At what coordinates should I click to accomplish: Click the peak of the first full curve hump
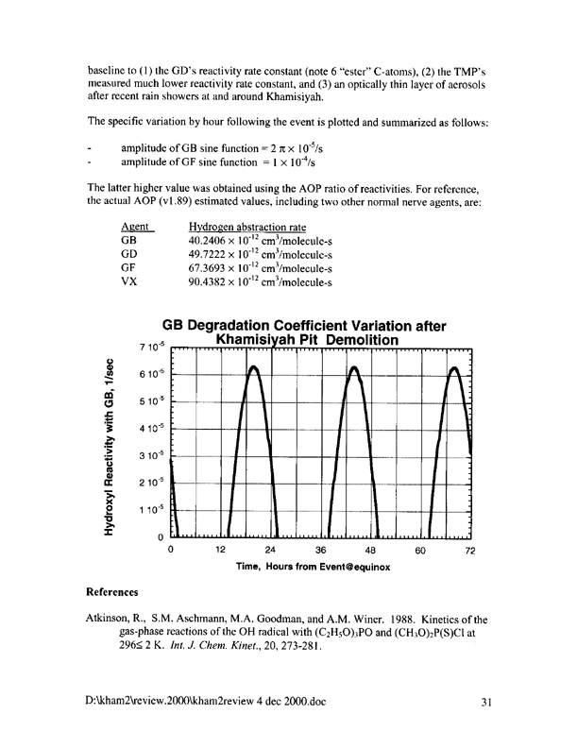(x=253, y=366)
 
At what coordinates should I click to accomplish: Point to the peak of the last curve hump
(x=453, y=366)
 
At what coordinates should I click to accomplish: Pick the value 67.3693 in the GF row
(x=212, y=267)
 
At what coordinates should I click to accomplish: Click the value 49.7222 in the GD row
(x=212, y=254)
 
